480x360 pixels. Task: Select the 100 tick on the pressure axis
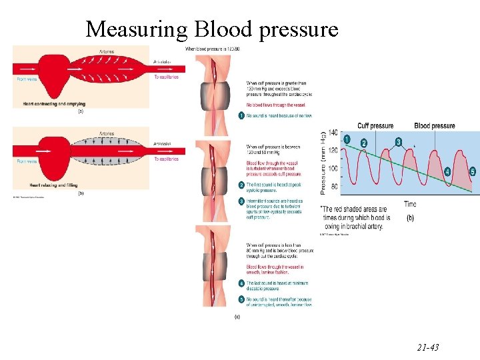333,168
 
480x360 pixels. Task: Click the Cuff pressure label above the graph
375,125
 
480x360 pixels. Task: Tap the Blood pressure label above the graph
434,125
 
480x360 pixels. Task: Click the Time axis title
410,204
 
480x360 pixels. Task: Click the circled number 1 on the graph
347,139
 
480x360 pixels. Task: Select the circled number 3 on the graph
398,142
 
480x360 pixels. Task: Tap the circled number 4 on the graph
447,171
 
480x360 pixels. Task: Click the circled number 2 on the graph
363,143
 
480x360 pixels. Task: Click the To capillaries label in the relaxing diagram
166,159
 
